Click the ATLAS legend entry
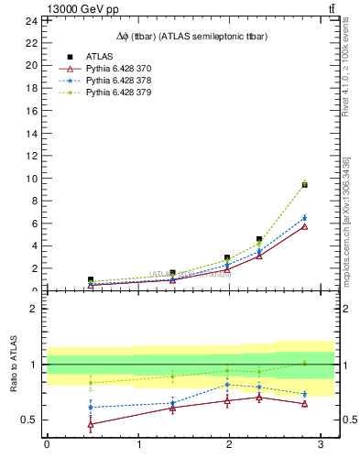(98, 57)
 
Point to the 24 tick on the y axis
(30, 20)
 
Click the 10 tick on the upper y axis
(30, 179)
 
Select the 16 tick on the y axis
(30, 111)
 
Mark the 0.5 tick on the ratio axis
(27, 420)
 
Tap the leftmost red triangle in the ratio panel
(90, 424)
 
